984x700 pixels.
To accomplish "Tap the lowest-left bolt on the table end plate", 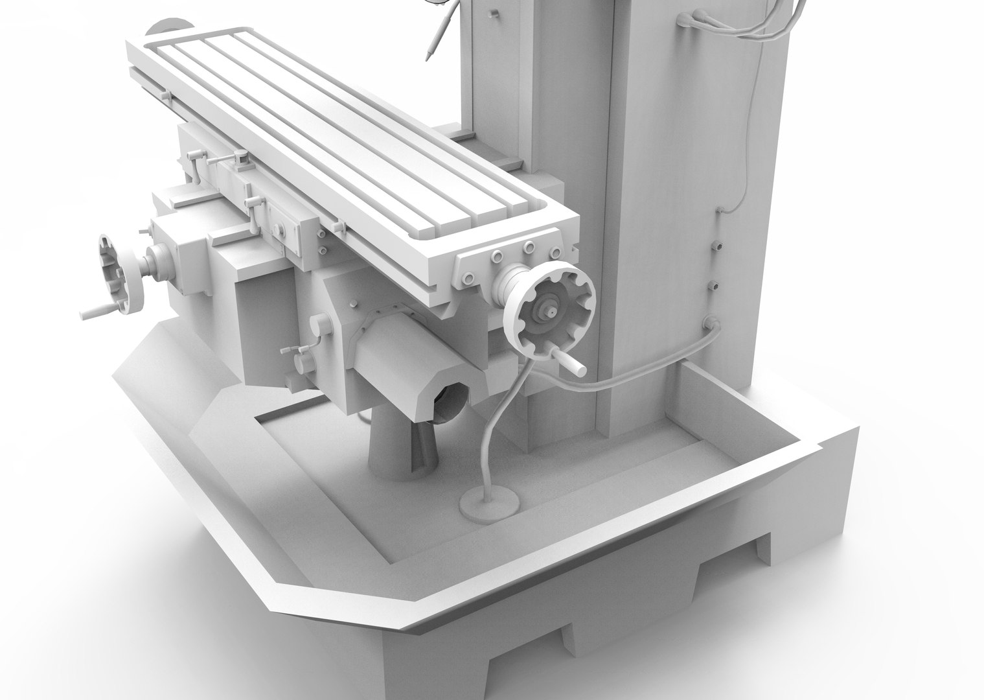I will (x=468, y=278).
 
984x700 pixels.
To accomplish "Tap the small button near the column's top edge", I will (x=494, y=12).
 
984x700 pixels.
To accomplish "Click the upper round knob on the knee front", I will (x=318, y=323).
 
